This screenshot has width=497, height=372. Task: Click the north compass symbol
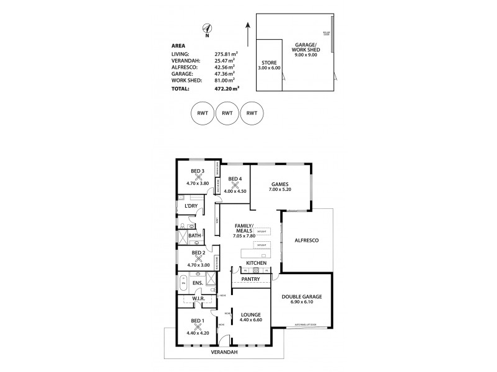(207, 27)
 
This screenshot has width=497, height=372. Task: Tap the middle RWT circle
(227, 113)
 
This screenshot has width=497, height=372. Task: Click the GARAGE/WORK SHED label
(305, 46)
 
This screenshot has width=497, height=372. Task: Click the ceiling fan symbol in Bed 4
(235, 185)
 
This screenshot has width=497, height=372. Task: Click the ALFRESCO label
(306, 240)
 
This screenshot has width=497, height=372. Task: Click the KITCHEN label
(256, 263)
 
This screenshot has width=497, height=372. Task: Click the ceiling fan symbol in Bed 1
(197, 327)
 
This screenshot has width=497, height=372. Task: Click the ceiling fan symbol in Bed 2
(198, 259)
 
